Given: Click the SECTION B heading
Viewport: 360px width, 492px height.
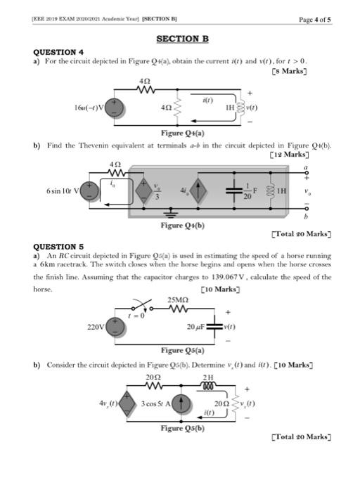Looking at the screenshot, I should coord(182,39).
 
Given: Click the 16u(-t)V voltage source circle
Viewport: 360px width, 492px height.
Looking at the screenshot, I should coord(118,107).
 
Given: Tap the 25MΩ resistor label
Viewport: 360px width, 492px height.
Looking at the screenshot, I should coord(179,301).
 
